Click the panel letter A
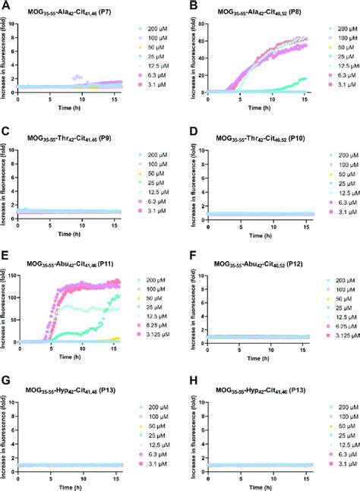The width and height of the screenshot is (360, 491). pyautogui.click(x=6, y=6)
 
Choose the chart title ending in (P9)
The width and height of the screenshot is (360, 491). pyautogui.click(x=72, y=137)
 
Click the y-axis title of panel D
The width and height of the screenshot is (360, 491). pyautogui.click(x=190, y=181)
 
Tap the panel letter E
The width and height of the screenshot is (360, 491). pyautogui.click(x=6, y=255)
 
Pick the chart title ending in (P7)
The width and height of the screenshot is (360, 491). pyautogui.click(x=72, y=14)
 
